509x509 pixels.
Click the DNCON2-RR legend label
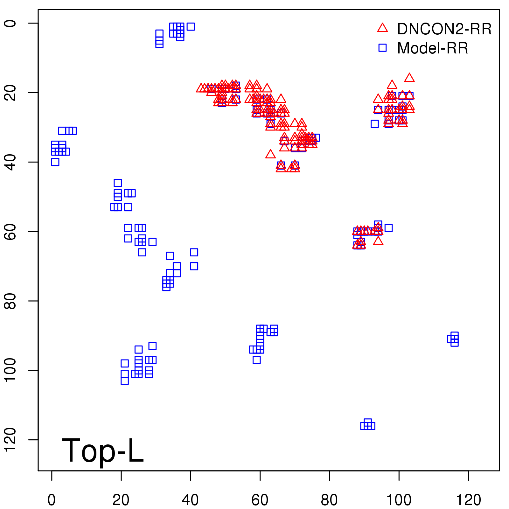pyautogui.click(x=444, y=29)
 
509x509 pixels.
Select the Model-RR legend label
pyautogui.click(x=432, y=48)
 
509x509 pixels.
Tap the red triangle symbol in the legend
pyautogui.click(x=382, y=28)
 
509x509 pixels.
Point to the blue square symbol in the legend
pyautogui.click(x=382, y=48)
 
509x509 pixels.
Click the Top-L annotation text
pyautogui.click(x=102, y=450)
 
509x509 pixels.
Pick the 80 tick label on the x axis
pyautogui.click(x=329, y=500)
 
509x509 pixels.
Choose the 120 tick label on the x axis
pyautogui.click(x=468, y=500)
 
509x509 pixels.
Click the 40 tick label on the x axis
pyautogui.click(x=190, y=500)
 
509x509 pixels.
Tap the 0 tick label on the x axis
pyautogui.click(x=52, y=500)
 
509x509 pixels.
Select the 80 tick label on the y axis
pyautogui.click(x=11, y=301)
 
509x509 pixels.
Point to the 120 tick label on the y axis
pyautogui.click(x=11, y=440)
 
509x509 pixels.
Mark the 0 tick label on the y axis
pyautogui.click(x=11, y=23)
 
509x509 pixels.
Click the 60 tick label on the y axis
pyautogui.click(x=11, y=231)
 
